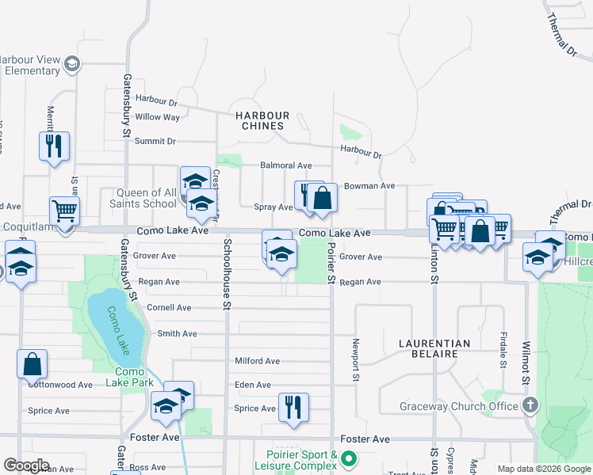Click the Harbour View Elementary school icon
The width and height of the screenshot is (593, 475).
tap(71, 64)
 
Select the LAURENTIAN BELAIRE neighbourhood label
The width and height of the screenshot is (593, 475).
tap(434, 348)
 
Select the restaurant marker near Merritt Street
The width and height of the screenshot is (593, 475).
tap(54, 146)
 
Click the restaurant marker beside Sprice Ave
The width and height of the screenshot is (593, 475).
tap(293, 407)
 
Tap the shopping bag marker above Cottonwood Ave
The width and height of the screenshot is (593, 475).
tap(32, 364)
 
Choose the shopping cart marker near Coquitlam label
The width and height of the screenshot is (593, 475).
tap(64, 211)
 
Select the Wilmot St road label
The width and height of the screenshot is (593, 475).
tap(526, 363)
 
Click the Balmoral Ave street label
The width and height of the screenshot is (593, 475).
tap(285, 165)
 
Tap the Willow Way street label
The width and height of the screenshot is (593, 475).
tap(157, 117)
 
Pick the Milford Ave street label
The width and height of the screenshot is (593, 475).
tap(257, 361)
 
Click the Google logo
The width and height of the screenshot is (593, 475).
tap(26, 465)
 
